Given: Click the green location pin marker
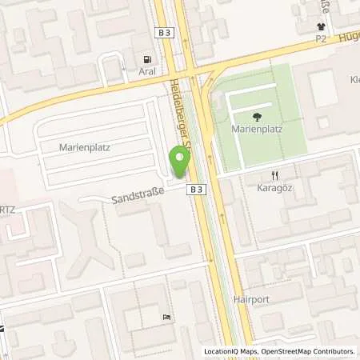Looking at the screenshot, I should point(179,162).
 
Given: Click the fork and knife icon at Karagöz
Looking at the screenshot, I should point(274,177).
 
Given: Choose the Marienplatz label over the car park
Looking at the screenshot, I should point(84,147).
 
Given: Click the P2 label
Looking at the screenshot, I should point(321,38).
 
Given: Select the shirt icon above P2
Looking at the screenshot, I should point(321,25).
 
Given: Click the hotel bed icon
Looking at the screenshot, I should point(166,318).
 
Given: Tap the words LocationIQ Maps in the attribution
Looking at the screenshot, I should point(230,352).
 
